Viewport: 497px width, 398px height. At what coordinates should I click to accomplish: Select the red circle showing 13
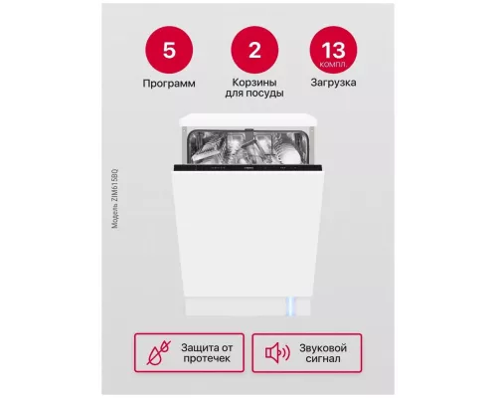[337, 48]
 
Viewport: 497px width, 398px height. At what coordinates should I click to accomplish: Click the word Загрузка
[337, 84]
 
